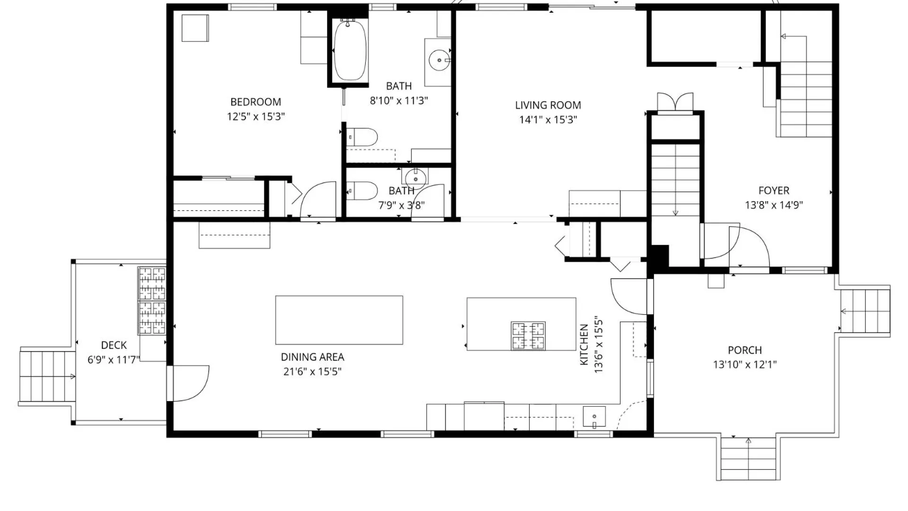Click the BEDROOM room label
[255, 102]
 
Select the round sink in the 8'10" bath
[439, 60]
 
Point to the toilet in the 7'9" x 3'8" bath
[362, 191]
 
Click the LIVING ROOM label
[548, 105]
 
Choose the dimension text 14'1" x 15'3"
[548, 120]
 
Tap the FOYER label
[774, 190]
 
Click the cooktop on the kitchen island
[528, 335]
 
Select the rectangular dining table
[339, 320]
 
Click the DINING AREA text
[313, 357]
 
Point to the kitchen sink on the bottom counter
[594, 417]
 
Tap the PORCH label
[745, 350]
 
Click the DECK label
[114, 345]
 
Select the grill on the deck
[152, 301]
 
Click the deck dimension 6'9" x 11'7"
[114, 360]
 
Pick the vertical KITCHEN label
[584, 344]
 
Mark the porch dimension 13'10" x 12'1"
[745, 364]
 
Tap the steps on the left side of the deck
[47, 377]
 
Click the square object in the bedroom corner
[195, 28]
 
